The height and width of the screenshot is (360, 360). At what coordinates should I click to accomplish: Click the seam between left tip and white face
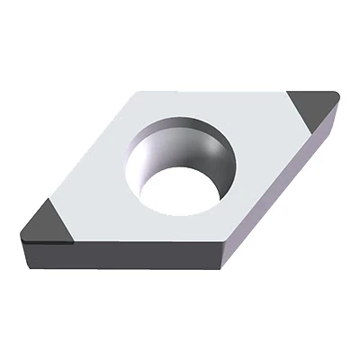point(63,221)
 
